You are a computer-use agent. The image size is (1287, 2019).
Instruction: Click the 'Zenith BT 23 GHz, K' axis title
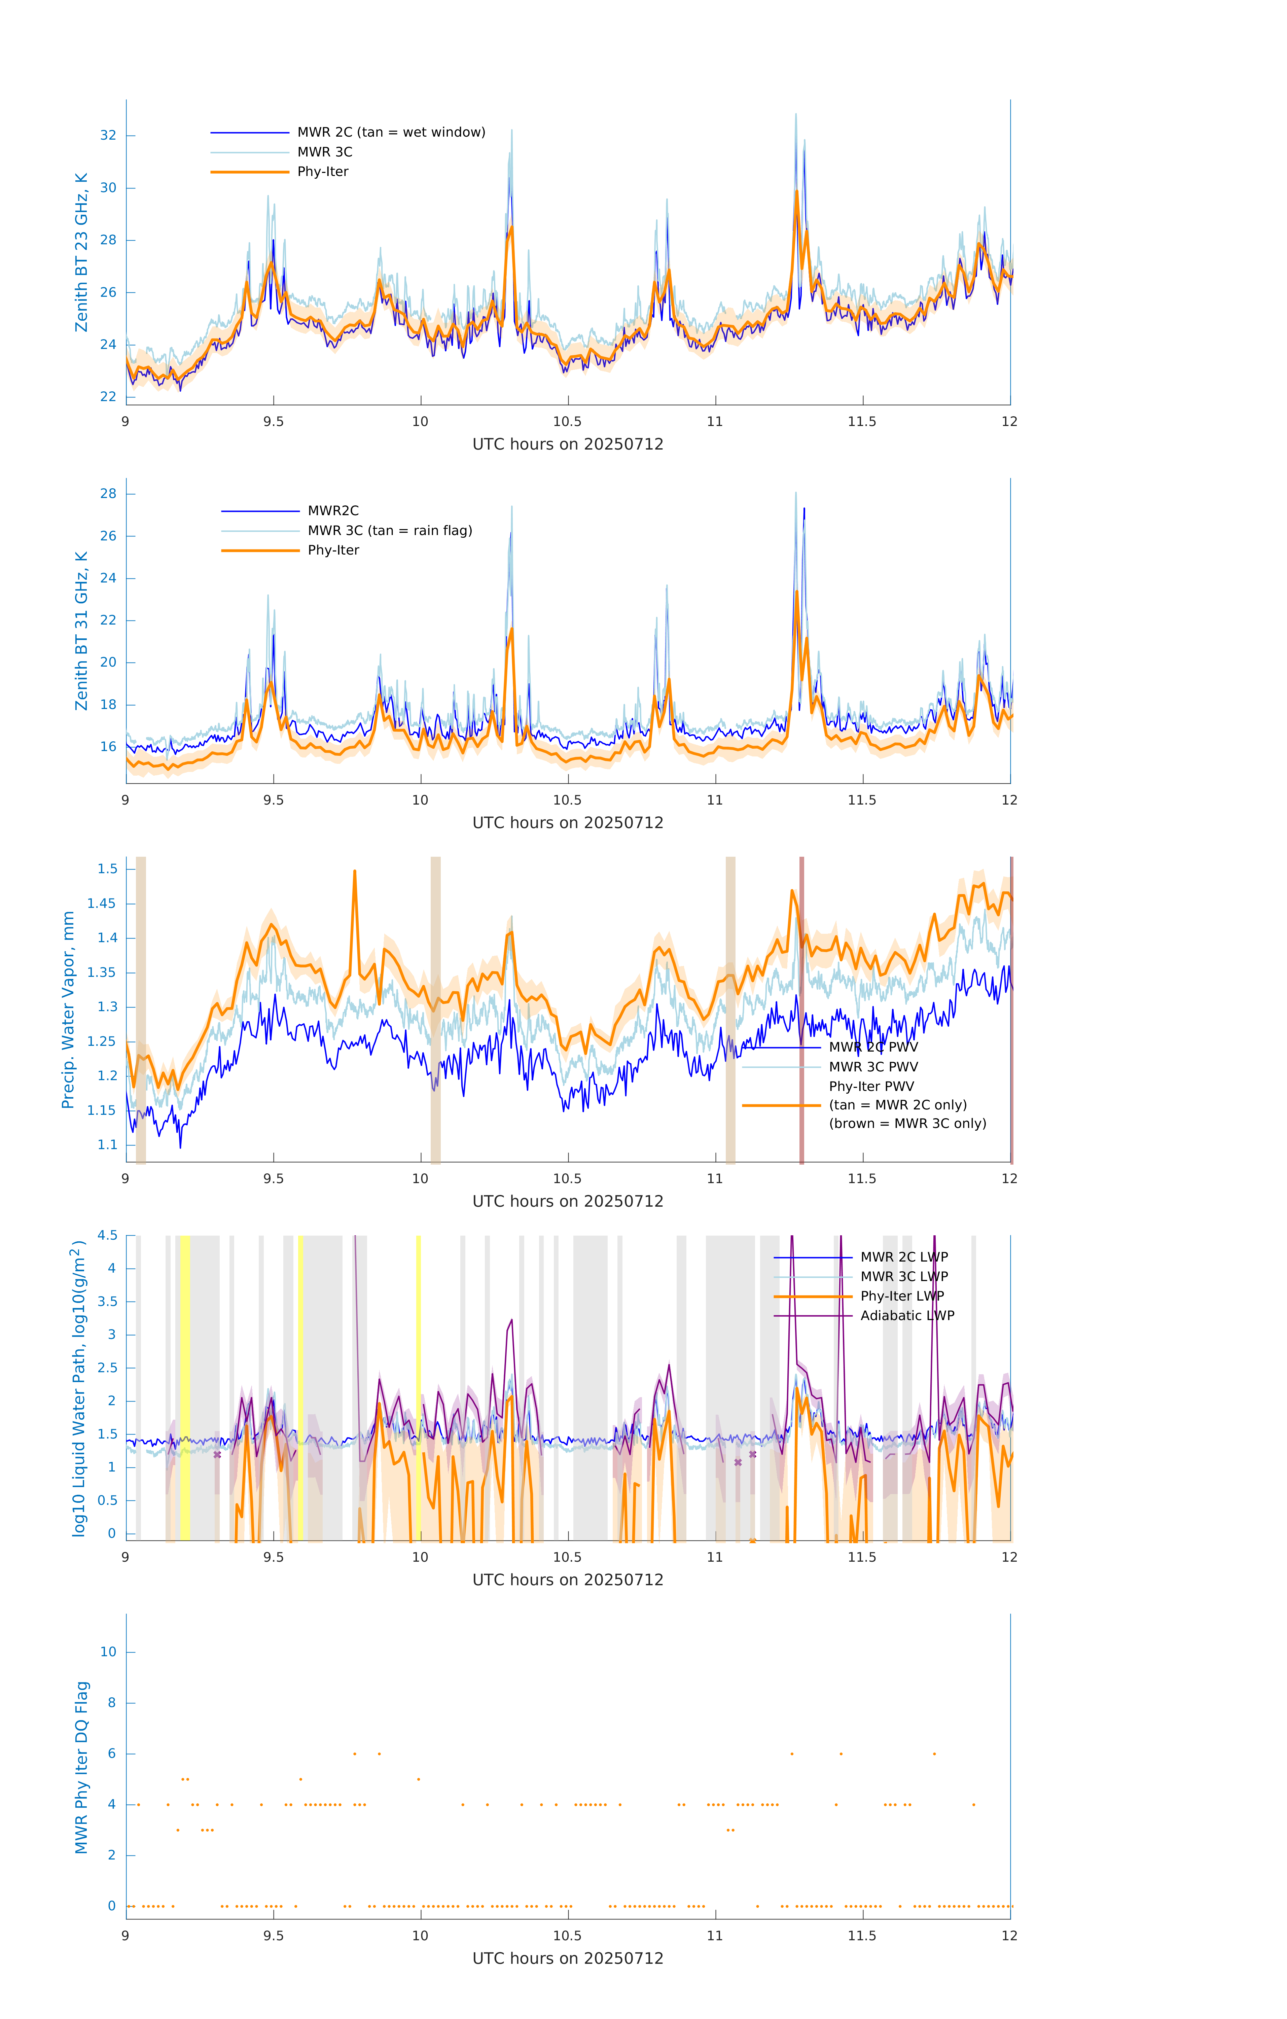[x=81, y=252]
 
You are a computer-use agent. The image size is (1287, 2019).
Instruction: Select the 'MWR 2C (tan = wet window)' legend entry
[x=391, y=133]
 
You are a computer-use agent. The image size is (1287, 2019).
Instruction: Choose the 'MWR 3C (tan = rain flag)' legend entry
[x=390, y=531]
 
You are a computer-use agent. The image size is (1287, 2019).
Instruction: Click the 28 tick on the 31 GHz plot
[x=108, y=494]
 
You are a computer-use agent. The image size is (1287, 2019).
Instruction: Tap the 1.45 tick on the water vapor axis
[x=102, y=904]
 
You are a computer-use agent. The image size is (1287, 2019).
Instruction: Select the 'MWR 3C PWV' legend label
[x=873, y=1067]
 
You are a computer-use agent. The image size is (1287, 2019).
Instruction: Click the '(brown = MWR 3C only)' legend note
[x=907, y=1124]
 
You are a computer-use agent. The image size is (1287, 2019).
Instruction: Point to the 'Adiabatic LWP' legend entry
[x=906, y=1315]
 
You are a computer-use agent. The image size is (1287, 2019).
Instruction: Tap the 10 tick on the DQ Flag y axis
[x=108, y=1652]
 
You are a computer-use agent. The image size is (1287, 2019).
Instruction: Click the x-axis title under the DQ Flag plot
[x=568, y=1959]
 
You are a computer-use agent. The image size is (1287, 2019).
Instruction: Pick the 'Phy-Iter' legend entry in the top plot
[x=323, y=172]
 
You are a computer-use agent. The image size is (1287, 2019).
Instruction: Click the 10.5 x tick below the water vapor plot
[x=568, y=1179]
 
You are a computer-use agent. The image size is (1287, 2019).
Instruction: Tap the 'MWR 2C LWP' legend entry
[x=904, y=1257]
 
